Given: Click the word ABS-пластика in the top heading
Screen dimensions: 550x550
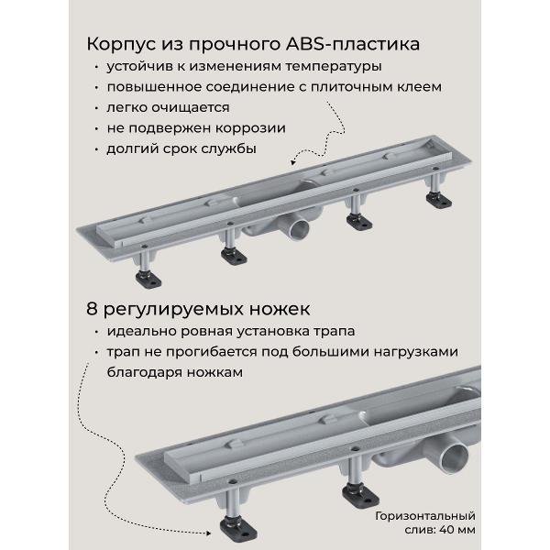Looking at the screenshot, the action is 353,44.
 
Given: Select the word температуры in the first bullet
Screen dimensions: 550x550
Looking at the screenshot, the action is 334,67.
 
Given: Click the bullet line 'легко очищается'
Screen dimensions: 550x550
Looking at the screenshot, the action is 168,107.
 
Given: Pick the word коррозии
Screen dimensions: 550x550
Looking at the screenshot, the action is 250,128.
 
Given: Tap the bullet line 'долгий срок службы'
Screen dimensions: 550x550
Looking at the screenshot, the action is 181,148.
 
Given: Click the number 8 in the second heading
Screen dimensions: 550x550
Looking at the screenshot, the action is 92,309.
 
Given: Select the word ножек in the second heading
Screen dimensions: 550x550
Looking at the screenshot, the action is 280,310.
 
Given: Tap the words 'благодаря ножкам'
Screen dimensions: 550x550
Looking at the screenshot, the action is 175,372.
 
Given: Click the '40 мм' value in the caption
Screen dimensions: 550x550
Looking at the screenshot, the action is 456,529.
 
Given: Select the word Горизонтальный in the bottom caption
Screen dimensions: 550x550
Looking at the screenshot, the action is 425,516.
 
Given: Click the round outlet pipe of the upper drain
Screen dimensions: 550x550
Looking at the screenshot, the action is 299,228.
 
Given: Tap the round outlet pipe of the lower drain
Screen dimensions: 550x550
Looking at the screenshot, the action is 455,457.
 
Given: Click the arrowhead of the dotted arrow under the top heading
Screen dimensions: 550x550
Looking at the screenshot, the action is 293,161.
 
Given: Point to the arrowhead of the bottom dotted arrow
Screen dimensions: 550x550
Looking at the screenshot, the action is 208,533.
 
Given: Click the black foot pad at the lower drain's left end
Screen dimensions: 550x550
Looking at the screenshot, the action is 238,530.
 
